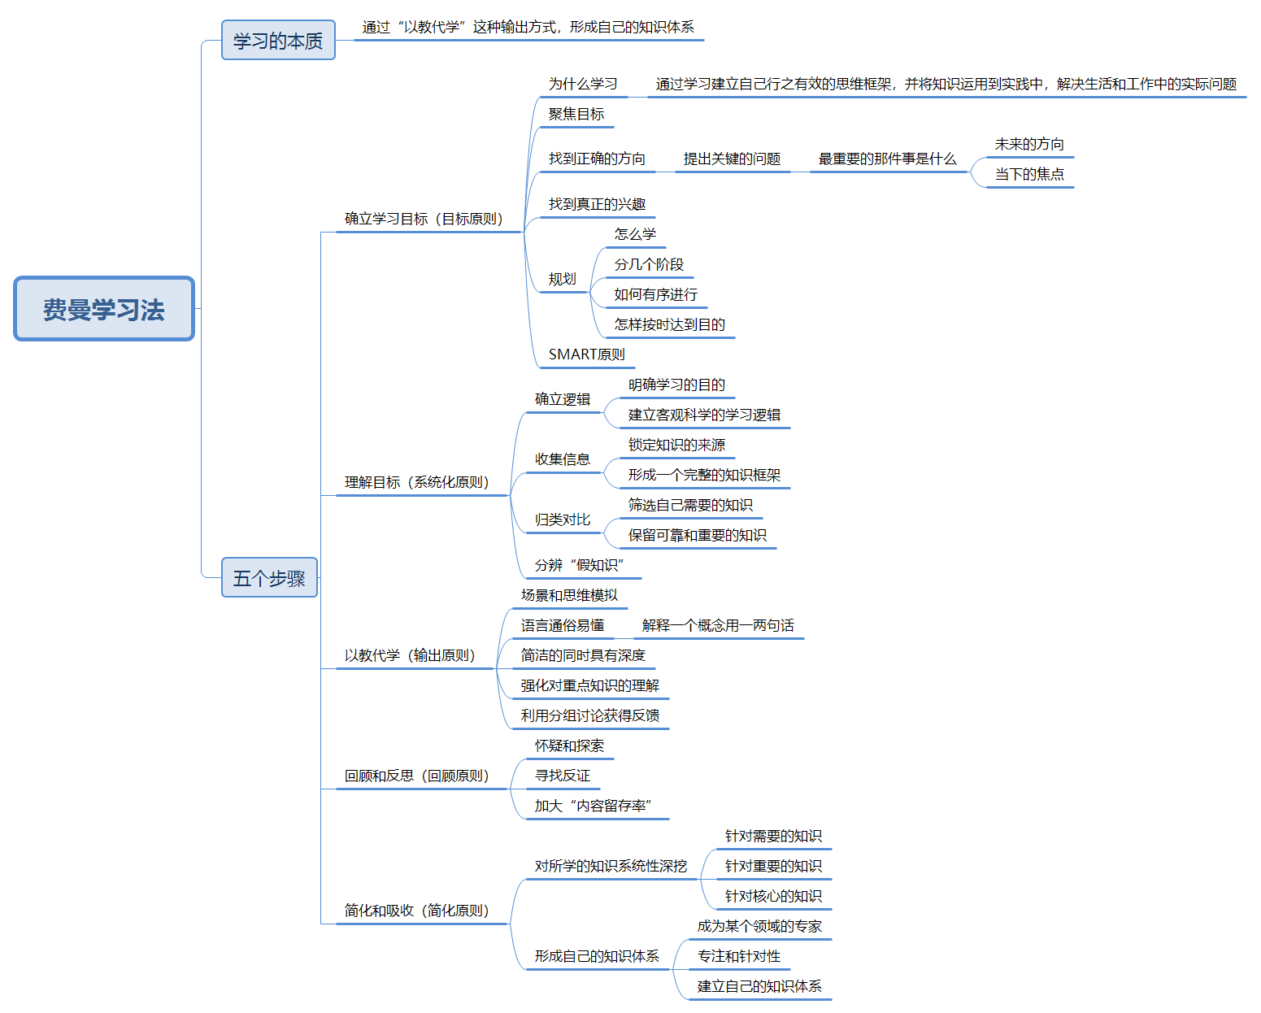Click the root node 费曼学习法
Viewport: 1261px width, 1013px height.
(104, 309)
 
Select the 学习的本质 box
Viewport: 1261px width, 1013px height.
(278, 41)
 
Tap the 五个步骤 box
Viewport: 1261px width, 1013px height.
(269, 578)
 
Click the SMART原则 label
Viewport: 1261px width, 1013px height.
(586, 354)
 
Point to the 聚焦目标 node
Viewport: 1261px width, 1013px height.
(576, 115)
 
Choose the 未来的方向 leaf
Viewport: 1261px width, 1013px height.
(1029, 145)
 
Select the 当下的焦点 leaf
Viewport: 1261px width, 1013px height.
(1029, 175)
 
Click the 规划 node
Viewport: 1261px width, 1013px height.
(562, 280)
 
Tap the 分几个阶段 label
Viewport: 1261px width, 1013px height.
(649, 265)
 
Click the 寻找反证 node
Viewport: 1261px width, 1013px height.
(563, 776)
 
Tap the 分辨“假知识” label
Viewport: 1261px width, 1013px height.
(580, 566)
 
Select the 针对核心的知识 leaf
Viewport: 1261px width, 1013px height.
(773, 897)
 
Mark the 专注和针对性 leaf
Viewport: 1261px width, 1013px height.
(739, 957)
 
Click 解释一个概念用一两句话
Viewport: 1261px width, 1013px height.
(718, 626)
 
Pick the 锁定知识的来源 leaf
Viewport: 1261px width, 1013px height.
(676, 446)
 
